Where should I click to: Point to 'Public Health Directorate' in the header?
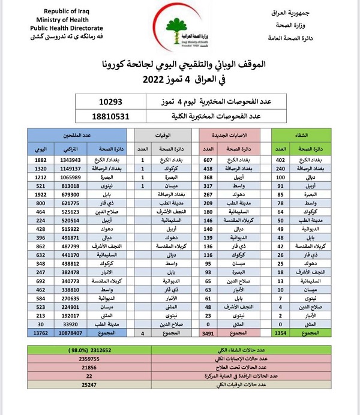pyautogui.click(x=67, y=28)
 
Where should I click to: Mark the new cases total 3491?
pyautogui.click(x=209, y=332)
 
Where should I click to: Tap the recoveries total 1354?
pyautogui.click(x=280, y=332)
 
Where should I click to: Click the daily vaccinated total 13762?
pyautogui.click(x=41, y=332)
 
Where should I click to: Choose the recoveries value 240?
pyautogui.click(x=280, y=170)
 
